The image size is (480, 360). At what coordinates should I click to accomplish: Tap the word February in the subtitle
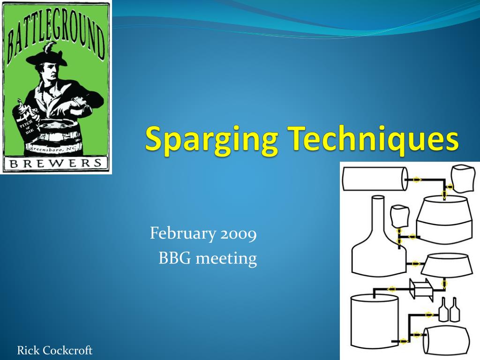click(x=183, y=233)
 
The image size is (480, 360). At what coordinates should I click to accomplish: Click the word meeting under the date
click(x=226, y=259)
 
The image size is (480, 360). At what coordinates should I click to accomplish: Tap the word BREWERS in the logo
click(x=56, y=163)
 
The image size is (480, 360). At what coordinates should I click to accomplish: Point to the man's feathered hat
click(x=49, y=57)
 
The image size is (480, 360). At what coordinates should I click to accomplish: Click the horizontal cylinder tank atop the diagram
click(x=375, y=179)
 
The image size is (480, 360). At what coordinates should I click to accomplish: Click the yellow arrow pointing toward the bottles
click(x=429, y=315)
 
